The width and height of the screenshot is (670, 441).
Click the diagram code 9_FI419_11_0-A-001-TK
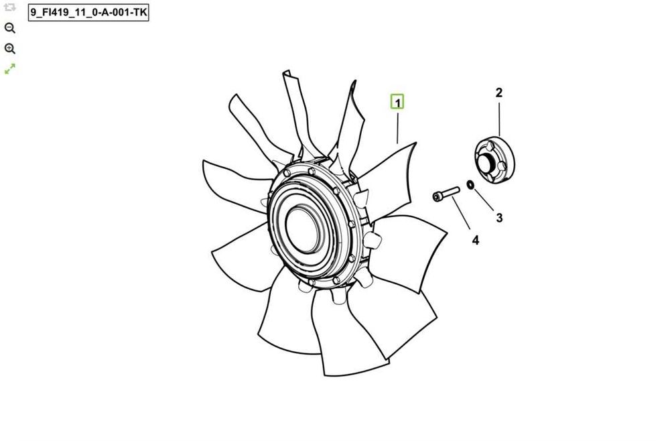point(88,12)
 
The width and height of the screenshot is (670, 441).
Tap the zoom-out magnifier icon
point(10,28)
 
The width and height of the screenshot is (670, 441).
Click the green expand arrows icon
point(10,69)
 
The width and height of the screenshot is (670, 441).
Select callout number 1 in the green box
point(397,103)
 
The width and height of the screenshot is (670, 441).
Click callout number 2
point(499,92)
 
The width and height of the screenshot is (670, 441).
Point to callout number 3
point(499,218)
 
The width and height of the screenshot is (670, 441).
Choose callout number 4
point(476,240)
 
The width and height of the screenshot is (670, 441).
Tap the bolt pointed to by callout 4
point(446,194)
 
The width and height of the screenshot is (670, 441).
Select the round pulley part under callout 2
point(494,160)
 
